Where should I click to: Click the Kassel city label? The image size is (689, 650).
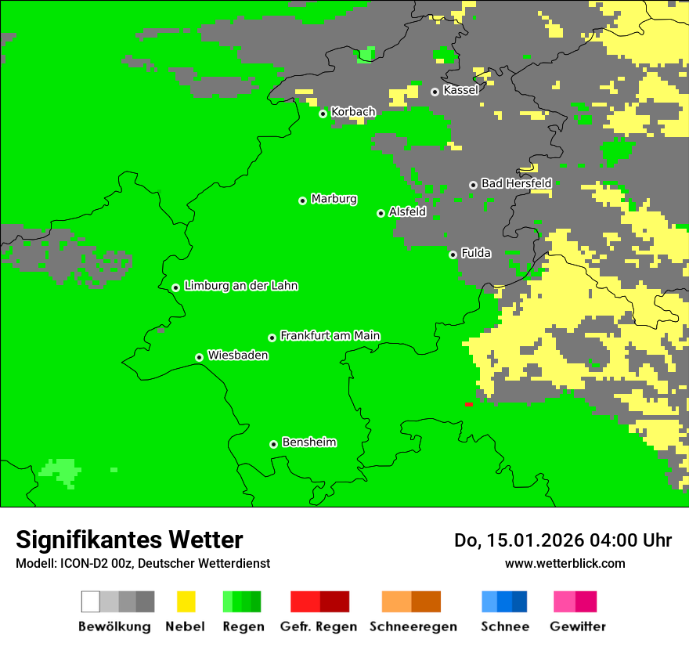pyautogui.click(x=460, y=90)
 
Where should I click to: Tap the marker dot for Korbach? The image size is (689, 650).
pyautogui.click(x=323, y=114)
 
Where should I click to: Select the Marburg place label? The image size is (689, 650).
pyautogui.click(x=334, y=199)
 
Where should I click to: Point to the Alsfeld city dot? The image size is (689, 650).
pyautogui.click(x=381, y=213)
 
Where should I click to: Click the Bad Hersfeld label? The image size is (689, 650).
pyautogui.click(x=516, y=183)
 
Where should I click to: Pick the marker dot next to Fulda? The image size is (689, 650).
pyautogui.click(x=453, y=255)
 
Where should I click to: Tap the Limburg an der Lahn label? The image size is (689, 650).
pyautogui.click(x=240, y=286)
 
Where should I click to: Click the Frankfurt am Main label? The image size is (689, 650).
pyautogui.click(x=330, y=336)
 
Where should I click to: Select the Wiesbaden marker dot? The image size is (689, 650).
pyautogui.click(x=199, y=357)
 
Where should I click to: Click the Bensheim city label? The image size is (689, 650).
pyautogui.click(x=308, y=442)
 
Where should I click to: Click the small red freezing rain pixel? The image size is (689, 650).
pyautogui.click(x=468, y=404)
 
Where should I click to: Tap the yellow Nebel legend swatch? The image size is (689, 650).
pyautogui.click(x=186, y=601)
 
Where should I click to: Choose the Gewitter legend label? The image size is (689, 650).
pyautogui.click(x=577, y=627)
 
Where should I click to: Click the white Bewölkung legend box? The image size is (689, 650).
pyautogui.click(x=91, y=601)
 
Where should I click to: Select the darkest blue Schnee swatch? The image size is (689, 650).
pyautogui.click(x=520, y=601)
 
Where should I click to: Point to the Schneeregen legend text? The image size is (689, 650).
pyautogui.click(x=413, y=627)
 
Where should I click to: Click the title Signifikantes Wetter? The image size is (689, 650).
pyautogui.click(x=129, y=540)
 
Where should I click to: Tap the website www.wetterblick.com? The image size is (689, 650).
pyautogui.click(x=565, y=563)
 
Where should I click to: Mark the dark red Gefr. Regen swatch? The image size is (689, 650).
pyautogui.click(x=334, y=601)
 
